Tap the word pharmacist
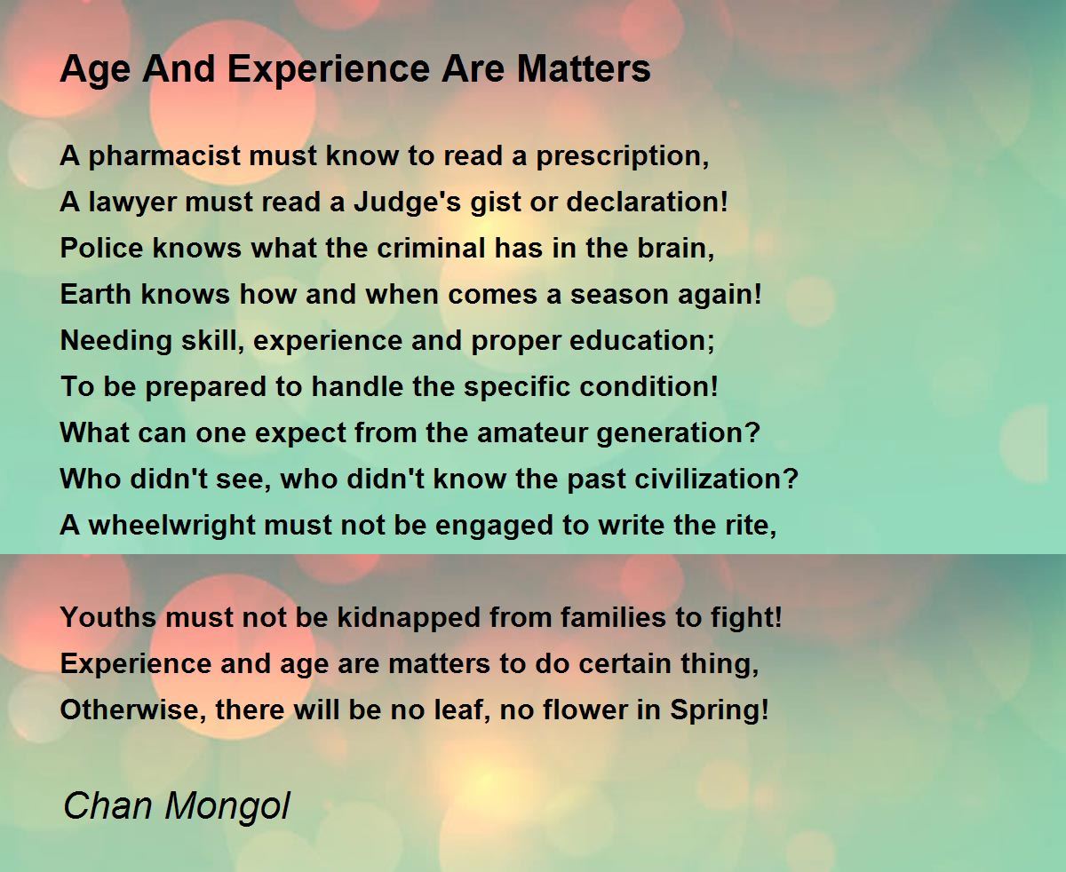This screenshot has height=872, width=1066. pos(164,156)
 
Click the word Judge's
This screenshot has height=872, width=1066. pos(407,202)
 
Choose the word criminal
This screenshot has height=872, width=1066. pos(431,248)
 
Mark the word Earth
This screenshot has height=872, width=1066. pos(96,294)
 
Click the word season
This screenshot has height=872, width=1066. pos(619,295)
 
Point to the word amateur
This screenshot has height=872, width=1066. pos(532,433)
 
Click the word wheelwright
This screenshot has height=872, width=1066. pos(171,526)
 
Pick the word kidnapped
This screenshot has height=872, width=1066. pos(409,618)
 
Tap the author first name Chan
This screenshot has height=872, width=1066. pos(107,805)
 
